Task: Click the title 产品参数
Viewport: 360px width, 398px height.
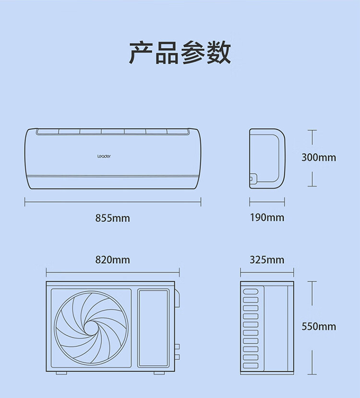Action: (x=180, y=52)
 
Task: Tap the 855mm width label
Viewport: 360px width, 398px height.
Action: (x=112, y=218)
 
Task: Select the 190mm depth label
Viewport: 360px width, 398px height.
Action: (x=267, y=217)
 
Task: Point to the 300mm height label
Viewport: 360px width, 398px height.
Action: (x=319, y=157)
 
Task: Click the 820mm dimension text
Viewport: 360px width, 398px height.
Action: (x=112, y=260)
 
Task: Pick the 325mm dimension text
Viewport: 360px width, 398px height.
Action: (x=267, y=260)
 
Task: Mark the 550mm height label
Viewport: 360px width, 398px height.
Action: (x=319, y=326)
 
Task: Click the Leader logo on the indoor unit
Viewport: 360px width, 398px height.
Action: (x=104, y=157)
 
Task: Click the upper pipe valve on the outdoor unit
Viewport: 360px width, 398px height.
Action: (x=177, y=347)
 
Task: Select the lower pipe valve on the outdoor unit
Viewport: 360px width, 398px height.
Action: (x=177, y=357)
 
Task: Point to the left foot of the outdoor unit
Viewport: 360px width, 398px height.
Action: (x=61, y=373)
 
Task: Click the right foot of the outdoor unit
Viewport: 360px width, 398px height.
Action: (x=159, y=373)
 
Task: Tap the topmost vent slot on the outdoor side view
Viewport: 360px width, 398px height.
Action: (x=251, y=291)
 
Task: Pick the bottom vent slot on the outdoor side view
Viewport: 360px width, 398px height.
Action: (x=251, y=365)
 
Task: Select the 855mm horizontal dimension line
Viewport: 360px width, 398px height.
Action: (x=113, y=202)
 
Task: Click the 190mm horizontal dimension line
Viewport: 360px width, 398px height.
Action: (x=267, y=202)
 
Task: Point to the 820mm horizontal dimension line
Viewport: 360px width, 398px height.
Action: (x=113, y=272)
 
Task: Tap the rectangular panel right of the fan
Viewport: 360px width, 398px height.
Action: (x=154, y=328)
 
